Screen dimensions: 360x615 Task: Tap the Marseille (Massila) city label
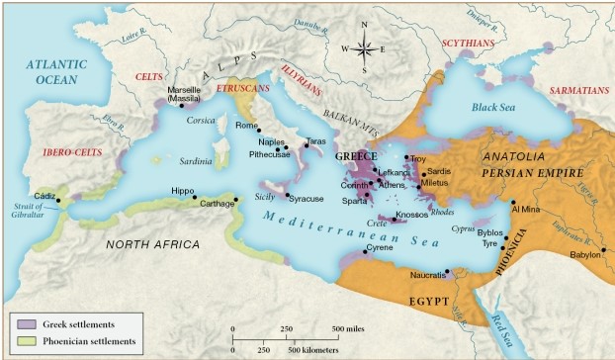(x=185, y=95)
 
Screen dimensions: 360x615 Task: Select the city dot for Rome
(x=260, y=131)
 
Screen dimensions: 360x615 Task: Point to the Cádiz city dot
(x=59, y=201)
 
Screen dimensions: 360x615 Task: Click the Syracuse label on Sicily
(x=307, y=199)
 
